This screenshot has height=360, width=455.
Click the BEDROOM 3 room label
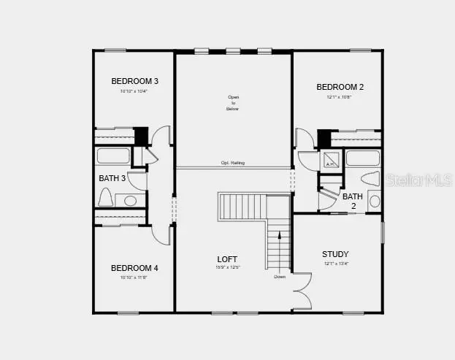click(x=135, y=81)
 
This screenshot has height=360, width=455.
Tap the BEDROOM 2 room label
click(x=340, y=87)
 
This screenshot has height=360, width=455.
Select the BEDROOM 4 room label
click(x=134, y=268)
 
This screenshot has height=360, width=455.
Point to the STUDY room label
click(x=335, y=254)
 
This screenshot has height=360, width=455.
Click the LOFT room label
click(x=228, y=259)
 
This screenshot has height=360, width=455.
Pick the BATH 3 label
click(x=112, y=178)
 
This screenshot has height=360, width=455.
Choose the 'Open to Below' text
click(x=233, y=103)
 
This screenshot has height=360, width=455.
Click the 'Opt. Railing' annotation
click(x=233, y=163)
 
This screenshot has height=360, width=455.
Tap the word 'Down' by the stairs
click(x=280, y=277)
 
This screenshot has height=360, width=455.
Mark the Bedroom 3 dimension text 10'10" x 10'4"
click(x=135, y=91)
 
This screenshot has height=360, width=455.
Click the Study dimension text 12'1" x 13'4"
click(x=335, y=264)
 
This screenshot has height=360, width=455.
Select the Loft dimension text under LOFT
click(x=228, y=268)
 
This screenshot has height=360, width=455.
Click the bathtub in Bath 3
click(x=113, y=156)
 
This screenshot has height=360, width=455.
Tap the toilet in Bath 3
click(x=104, y=198)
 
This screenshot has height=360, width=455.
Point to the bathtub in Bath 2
click(x=362, y=158)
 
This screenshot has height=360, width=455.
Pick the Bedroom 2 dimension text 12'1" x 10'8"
click(x=340, y=96)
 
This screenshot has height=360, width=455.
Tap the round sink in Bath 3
click(x=131, y=200)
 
